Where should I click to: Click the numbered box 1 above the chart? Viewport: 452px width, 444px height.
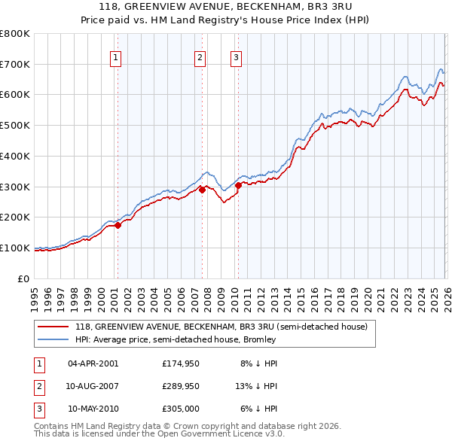point(116,58)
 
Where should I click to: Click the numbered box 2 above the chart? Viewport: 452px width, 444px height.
point(200,58)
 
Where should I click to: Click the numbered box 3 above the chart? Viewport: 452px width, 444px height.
point(236,58)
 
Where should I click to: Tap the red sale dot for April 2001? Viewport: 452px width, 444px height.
point(118,225)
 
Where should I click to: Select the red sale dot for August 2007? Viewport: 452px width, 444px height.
point(202,190)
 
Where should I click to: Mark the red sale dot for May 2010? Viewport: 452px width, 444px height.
point(238,185)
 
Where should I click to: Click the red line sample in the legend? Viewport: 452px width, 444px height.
point(53,327)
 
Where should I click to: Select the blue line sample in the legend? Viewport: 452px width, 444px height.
point(53,339)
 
